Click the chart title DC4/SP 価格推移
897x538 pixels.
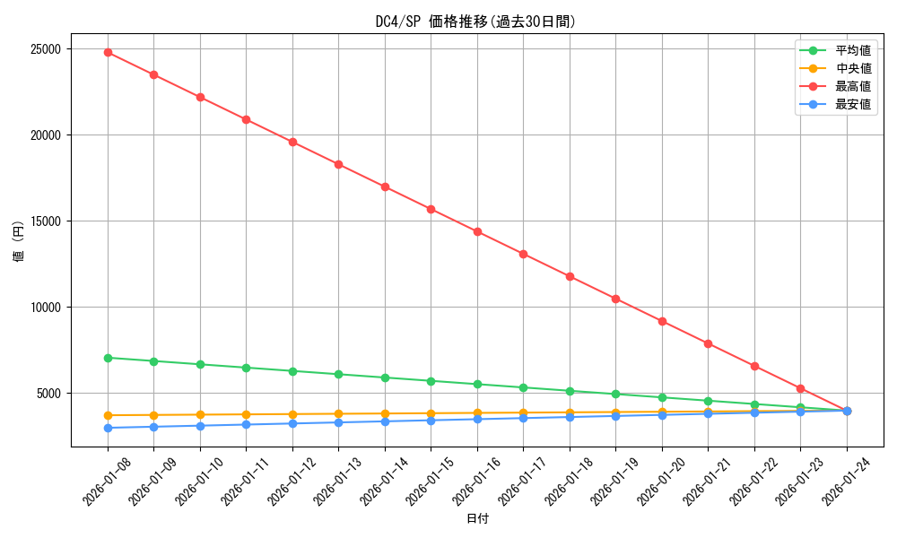click(x=475, y=22)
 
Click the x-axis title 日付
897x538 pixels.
click(x=477, y=518)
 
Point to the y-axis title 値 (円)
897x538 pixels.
click(x=19, y=243)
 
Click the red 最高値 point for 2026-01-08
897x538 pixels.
click(x=108, y=52)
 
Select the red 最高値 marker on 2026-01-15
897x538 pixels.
click(x=431, y=209)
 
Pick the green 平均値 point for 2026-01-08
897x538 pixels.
click(x=108, y=358)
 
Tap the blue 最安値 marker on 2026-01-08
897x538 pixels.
click(x=108, y=428)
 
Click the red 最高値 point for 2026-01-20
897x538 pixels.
click(x=662, y=321)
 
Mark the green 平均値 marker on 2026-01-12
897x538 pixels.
click(x=292, y=371)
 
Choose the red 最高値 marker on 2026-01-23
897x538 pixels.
click(x=800, y=388)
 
